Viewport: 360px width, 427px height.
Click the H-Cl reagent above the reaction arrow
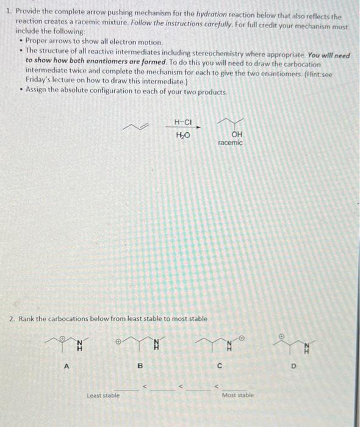pos(182,121)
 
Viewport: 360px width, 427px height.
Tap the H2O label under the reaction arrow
pos(182,135)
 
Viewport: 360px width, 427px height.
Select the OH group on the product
pos(237,135)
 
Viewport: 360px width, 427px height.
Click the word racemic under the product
pos(230,143)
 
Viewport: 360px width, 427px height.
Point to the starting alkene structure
pos(136,126)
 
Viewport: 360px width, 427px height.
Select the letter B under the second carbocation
pos(139,366)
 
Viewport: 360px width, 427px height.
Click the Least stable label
pos(102,395)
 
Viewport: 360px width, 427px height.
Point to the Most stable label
pos(237,395)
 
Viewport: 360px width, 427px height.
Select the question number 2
pos(11,318)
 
